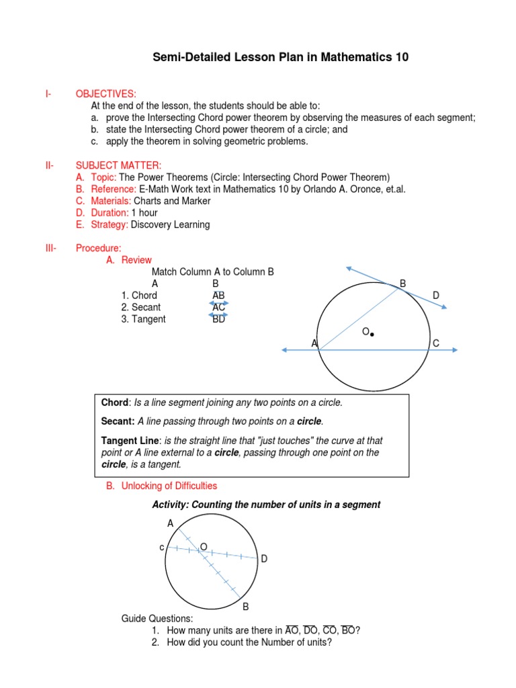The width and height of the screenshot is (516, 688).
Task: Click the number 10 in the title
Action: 401,58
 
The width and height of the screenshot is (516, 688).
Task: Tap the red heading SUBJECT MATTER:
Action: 118,165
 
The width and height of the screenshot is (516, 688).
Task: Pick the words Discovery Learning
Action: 171,224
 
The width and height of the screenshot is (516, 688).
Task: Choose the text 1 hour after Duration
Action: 144,212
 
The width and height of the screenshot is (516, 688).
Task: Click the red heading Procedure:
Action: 99,248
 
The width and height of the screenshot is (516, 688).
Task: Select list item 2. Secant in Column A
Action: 141,307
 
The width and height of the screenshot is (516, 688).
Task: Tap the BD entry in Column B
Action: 219,319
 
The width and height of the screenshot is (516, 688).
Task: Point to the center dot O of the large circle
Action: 372,334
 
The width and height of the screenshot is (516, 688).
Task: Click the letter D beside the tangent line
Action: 436,296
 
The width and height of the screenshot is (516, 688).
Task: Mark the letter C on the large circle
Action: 436,343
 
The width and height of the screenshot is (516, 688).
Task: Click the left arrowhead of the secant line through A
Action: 285,349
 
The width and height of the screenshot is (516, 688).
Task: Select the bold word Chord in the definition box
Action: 114,402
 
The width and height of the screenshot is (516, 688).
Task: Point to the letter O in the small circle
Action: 204,547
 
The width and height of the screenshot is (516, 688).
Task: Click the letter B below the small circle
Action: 246,607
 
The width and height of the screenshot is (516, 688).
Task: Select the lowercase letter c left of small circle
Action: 162,548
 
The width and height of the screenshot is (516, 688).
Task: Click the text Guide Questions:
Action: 157,618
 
